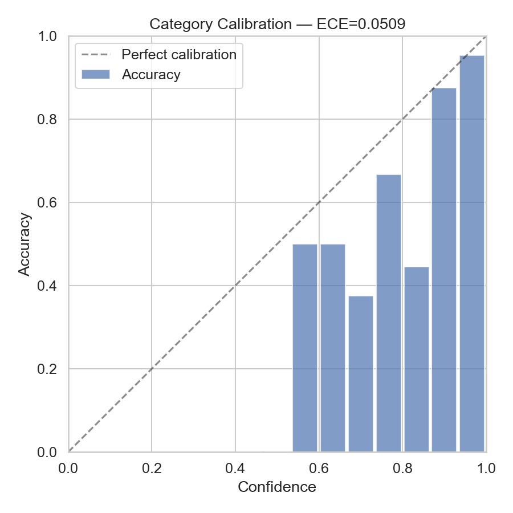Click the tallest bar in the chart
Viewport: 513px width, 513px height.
(471, 254)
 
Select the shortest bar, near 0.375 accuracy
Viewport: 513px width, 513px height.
(360, 373)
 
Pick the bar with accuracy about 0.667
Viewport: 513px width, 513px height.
(388, 313)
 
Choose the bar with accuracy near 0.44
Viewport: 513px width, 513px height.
(416, 359)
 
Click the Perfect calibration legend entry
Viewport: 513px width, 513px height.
(179, 55)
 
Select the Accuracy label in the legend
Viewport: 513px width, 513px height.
(151, 75)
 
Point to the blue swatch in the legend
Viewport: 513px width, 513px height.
(95, 75)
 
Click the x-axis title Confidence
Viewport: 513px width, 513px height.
(277, 487)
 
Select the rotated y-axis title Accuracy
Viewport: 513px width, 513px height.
(24, 243)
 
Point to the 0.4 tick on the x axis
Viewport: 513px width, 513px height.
(235, 469)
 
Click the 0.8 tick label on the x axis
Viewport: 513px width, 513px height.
(402, 469)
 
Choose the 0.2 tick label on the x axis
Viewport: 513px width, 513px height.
(152, 469)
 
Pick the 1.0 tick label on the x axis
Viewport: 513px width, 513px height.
(486, 469)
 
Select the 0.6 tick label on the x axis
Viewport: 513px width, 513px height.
(319, 469)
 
